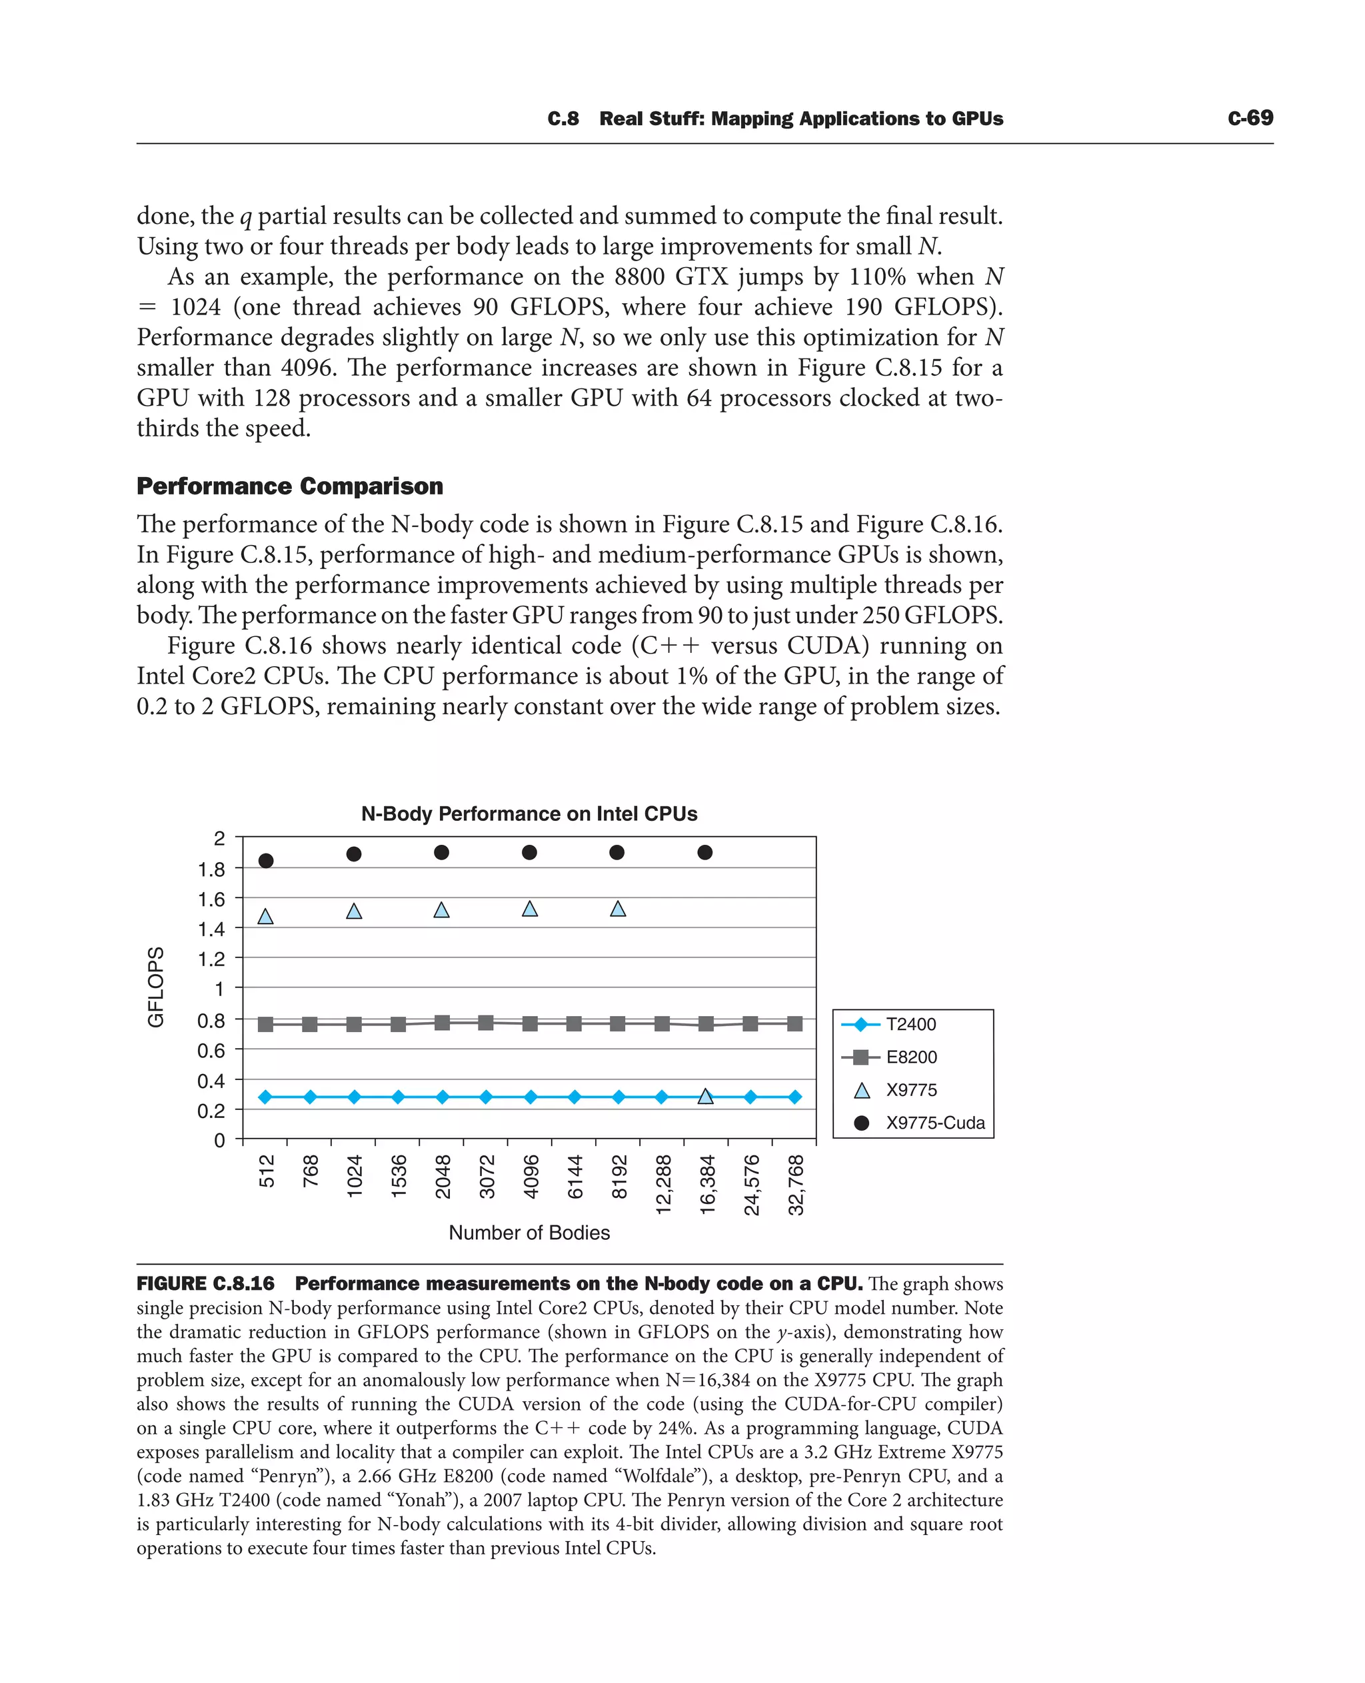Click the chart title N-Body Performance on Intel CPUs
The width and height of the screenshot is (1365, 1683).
529,814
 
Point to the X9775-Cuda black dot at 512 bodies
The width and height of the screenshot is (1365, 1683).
266,861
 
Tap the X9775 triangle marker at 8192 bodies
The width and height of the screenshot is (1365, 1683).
618,909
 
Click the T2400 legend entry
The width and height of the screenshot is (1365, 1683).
910,1024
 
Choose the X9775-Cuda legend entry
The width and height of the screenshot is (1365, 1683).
934,1123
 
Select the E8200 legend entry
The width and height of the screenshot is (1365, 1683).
910,1057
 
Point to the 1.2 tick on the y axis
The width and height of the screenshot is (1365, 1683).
211,959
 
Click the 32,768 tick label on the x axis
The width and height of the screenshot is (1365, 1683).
796,1184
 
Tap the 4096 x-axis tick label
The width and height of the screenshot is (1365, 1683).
531,1176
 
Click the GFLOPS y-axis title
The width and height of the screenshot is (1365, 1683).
157,987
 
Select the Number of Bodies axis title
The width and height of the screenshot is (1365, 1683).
529,1233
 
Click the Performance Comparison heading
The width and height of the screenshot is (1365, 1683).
289,486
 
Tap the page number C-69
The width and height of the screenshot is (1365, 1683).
1250,118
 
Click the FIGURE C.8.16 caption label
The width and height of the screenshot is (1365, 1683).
205,1284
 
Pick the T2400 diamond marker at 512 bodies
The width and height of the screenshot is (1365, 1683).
266,1097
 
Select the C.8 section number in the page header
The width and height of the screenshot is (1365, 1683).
563,119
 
